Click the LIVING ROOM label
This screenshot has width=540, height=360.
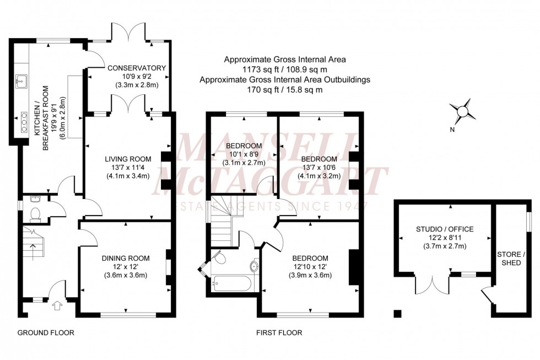[128, 158]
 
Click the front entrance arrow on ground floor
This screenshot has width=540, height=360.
[57, 305]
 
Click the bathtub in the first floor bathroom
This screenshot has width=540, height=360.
[231, 283]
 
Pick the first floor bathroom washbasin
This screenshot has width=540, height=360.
[255, 267]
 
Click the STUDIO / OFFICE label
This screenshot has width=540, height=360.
[445, 229]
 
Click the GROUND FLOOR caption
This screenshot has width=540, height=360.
[46, 333]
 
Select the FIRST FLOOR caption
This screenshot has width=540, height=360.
[279, 333]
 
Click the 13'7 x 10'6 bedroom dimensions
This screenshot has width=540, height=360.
[319, 168]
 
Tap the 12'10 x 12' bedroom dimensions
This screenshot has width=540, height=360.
[310, 267]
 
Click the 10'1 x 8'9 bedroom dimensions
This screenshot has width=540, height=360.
[244, 154]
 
